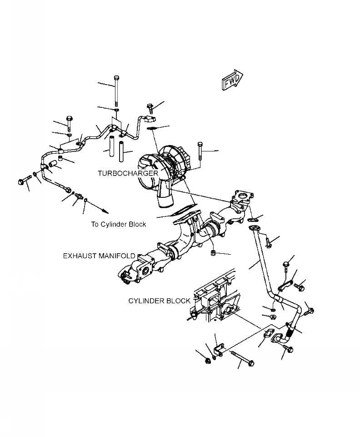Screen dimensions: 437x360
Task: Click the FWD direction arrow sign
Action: (232, 80)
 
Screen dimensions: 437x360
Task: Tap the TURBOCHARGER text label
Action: (128, 173)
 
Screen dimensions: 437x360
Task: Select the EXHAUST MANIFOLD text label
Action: (99, 256)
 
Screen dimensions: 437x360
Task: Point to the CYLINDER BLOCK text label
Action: (159, 301)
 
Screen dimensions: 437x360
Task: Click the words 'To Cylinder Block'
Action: (119, 224)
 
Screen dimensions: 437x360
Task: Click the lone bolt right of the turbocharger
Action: (200, 152)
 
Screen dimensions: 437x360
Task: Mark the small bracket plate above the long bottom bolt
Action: (218, 351)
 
